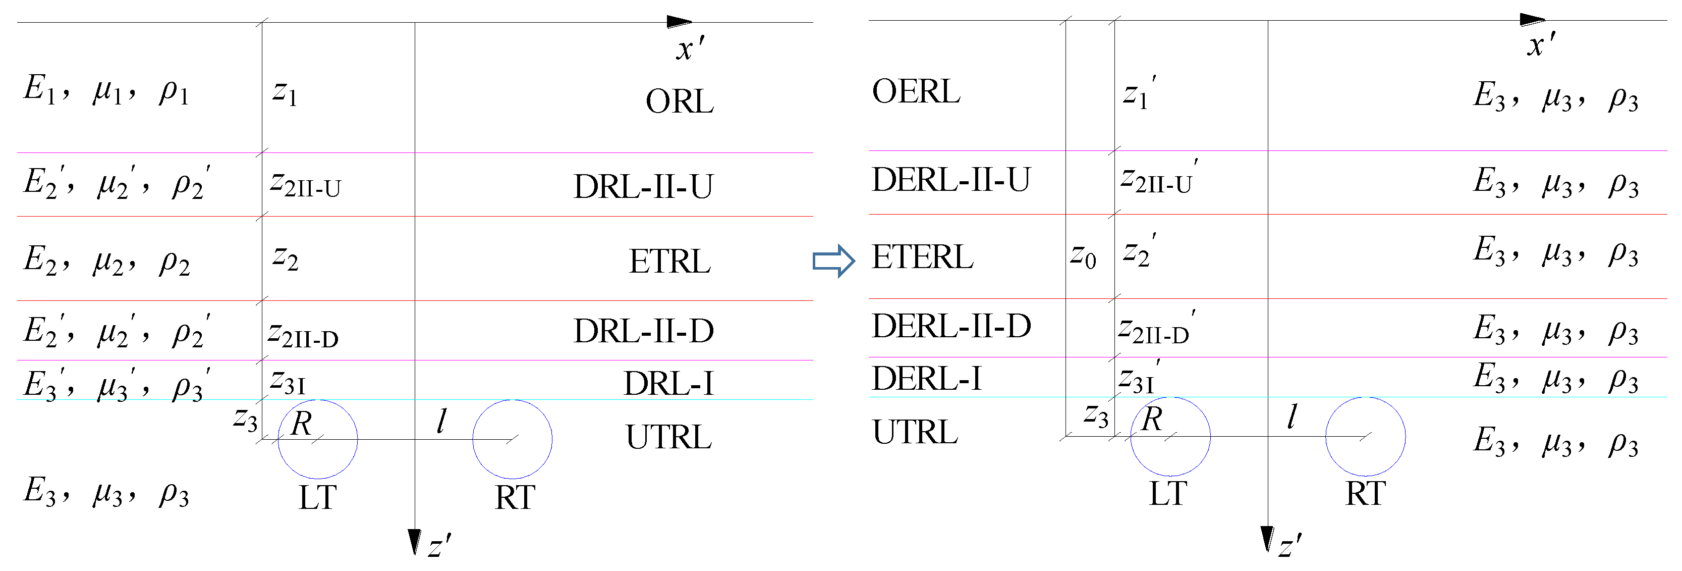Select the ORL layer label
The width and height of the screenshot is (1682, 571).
pos(679,102)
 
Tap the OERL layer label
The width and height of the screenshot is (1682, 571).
pos(916,91)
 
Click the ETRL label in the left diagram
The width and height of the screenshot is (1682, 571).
pos(669,262)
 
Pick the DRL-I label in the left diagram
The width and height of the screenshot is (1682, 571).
pos(668,384)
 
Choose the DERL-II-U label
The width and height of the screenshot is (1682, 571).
pos(950,180)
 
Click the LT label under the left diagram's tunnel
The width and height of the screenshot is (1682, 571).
pos(317,498)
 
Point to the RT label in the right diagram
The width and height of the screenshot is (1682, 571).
pos(1365,494)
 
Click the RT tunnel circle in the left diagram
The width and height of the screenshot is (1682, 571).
pos(513,439)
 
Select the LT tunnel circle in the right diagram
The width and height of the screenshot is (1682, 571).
pos(1170,436)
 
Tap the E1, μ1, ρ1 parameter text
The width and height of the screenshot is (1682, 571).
pos(106,89)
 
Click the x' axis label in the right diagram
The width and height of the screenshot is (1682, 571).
pos(1541,44)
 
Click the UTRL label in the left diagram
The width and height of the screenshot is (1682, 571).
pos(668,437)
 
